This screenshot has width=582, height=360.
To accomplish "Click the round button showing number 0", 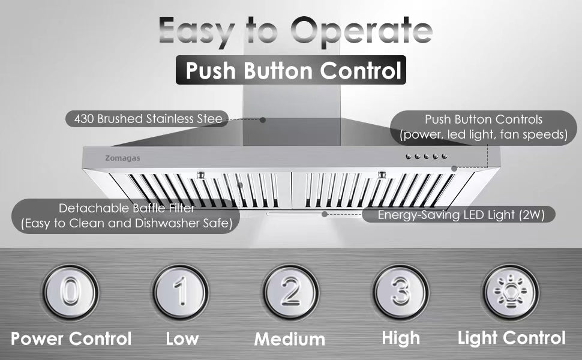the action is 71,292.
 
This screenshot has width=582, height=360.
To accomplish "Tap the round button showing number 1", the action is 181,292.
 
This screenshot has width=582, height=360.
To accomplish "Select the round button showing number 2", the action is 291,292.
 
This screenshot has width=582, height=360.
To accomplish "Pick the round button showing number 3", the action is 401,292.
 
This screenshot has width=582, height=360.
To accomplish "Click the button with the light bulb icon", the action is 511,292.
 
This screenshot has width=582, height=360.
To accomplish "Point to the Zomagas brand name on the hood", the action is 122,158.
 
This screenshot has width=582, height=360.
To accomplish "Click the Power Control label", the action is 71,338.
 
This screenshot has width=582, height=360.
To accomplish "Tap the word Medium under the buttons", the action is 290,339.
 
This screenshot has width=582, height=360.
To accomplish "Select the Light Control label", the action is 511,338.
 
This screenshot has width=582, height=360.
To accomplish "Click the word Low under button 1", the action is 182,339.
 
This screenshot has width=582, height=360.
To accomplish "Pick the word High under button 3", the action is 401,338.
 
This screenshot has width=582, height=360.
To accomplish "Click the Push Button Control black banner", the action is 290,70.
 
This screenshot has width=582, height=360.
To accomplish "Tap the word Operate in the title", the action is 362,31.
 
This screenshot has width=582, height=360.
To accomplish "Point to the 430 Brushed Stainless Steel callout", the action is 147,119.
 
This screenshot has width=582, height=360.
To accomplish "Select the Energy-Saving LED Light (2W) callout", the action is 459,215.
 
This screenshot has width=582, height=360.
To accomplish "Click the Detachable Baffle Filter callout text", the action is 127,215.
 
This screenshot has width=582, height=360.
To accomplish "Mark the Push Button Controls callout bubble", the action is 483,127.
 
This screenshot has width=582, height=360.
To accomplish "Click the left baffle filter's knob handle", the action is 200,175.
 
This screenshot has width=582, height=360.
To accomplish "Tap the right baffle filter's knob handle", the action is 382,175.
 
